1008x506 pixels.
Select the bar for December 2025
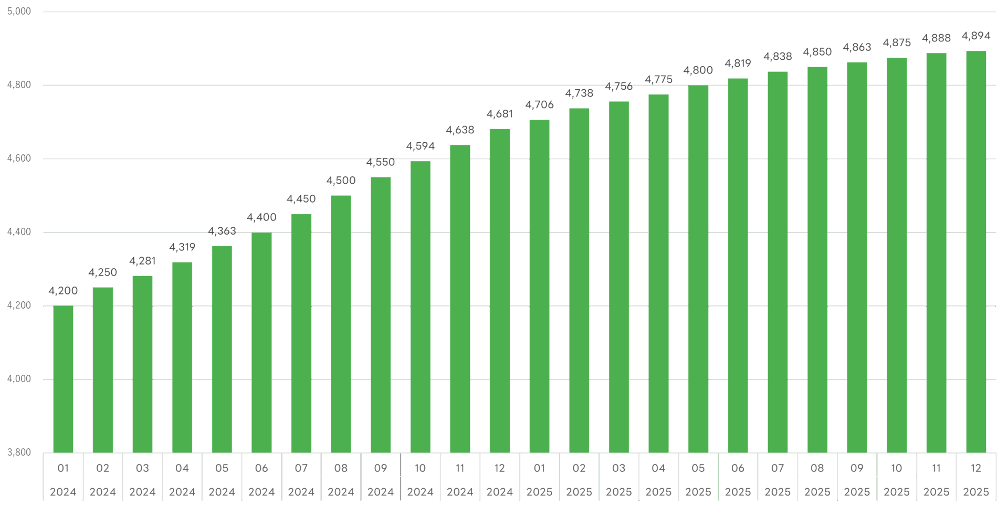tap(976, 252)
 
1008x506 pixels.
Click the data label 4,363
tap(222, 231)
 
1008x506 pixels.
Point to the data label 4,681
tap(499, 114)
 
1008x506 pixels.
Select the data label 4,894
tap(976, 36)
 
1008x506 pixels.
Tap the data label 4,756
tap(618, 86)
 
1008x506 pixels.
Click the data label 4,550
tap(380, 162)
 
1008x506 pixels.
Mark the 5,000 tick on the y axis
tap(19, 12)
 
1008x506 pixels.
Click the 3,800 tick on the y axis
tap(19, 452)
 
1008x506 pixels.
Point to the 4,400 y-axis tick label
tap(19, 232)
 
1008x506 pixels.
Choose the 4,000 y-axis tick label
tap(19, 379)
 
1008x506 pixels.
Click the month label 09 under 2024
tap(380, 468)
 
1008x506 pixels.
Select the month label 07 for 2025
tap(778, 468)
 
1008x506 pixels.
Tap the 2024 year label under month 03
tap(142, 492)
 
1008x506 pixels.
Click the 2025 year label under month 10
tap(897, 492)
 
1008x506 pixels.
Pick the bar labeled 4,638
tap(460, 299)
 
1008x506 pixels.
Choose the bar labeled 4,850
tap(817, 260)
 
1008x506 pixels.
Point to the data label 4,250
tap(102, 272)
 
